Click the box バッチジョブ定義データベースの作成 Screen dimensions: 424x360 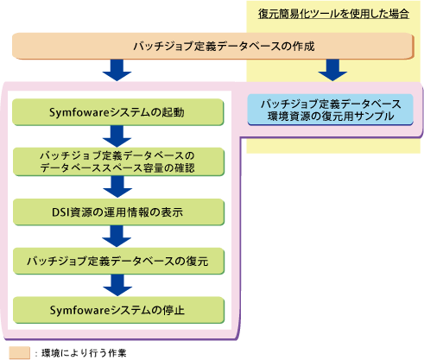click(x=212, y=46)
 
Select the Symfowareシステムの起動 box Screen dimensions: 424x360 click(x=118, y=112)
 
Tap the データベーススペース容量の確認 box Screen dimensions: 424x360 click(x=118, y=161)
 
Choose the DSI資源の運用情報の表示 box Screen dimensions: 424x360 click(x=118, y=212)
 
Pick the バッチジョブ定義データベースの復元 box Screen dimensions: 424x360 click(x=118, y=261)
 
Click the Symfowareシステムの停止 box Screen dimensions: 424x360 click(x=118, y=310)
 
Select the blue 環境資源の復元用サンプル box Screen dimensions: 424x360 click(x=331, y=110)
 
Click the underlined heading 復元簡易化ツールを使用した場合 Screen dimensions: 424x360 click(x=333, y=14)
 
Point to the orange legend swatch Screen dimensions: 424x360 click(x=20, y=353)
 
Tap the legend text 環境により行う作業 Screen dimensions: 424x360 click(x=84, y=353)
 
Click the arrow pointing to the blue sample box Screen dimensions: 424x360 click(x=332, y=70)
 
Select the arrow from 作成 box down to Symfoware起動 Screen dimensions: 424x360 click(x=117, y=70)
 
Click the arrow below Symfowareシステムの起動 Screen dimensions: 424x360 click(x=117, y=136)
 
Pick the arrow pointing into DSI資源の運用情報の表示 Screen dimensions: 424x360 click(x=117, y=186)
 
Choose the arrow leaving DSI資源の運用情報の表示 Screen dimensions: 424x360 click(x=117, y=237)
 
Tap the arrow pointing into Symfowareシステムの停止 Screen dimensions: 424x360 click(x=117, y=285)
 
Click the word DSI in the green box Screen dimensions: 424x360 click(x=60, y=212)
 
